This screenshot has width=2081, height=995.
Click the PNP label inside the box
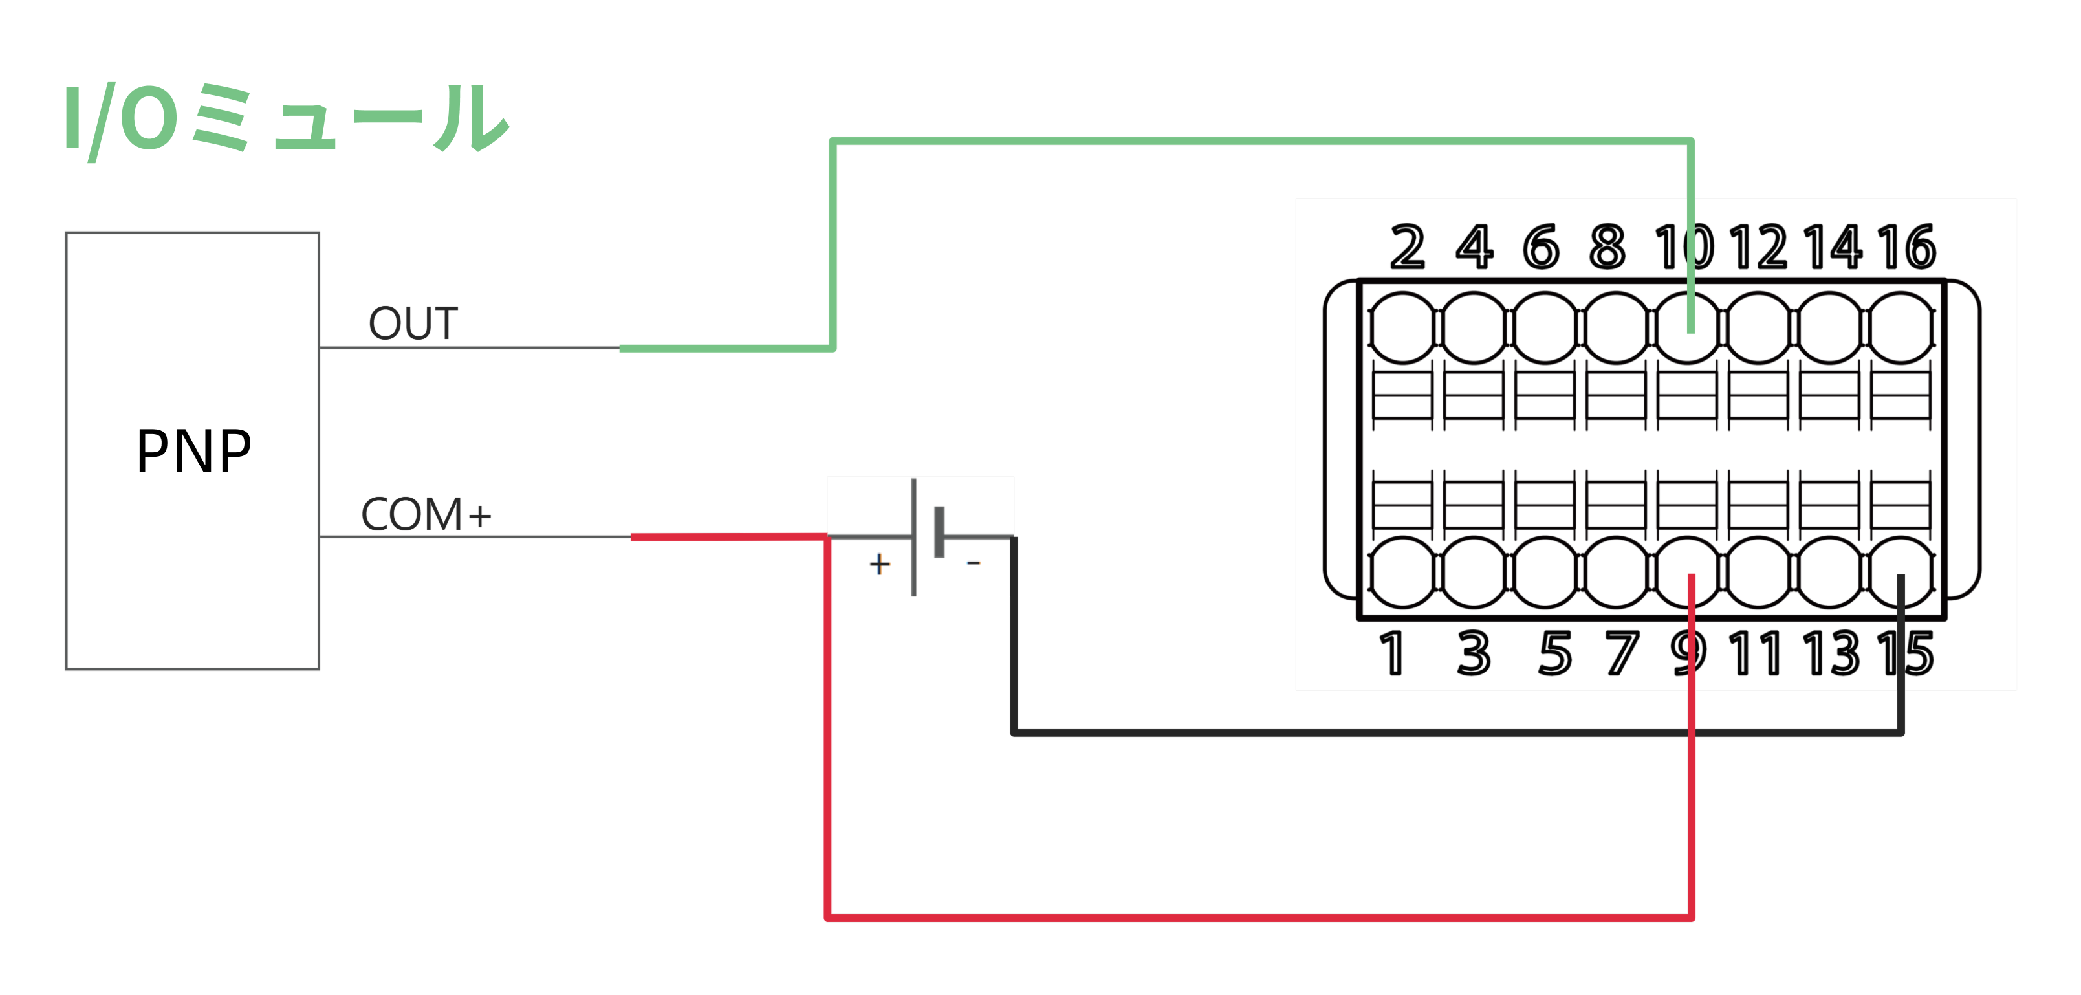point(194,452)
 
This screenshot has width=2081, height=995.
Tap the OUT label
point(413,323)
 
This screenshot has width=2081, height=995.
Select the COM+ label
point(426,514)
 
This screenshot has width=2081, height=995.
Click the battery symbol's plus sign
point(880,563)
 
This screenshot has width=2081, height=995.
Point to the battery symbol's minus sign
point(974,562)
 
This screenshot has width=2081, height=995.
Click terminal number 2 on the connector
point(1407,247)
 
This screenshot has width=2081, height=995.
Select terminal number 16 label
point(1906,247)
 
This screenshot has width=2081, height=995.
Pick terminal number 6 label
point(1541,247)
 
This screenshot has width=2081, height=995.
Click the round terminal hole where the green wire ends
point(1688,328)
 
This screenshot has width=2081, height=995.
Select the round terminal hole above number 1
point(1402,572)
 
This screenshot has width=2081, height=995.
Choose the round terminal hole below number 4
point(1474,328)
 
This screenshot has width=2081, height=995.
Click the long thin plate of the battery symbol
point(913,537)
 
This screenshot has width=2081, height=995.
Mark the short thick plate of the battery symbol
point(939,532)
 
